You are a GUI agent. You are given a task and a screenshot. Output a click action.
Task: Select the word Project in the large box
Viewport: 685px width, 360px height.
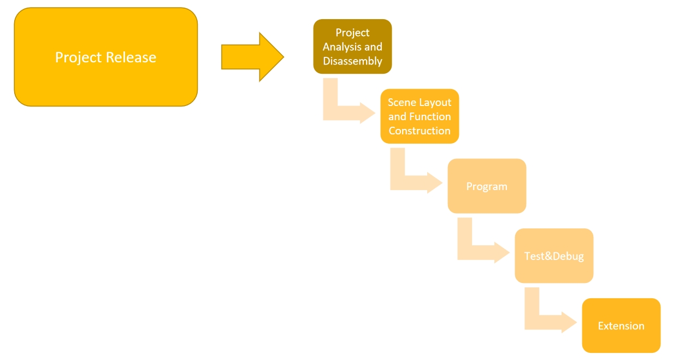79,57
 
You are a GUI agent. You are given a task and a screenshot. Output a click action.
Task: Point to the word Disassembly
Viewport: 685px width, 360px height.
352,61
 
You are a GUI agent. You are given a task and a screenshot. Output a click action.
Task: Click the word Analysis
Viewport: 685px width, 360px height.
341,47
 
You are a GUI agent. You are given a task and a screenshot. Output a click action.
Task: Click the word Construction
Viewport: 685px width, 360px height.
420,131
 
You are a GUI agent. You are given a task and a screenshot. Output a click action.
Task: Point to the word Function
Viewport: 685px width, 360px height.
430,116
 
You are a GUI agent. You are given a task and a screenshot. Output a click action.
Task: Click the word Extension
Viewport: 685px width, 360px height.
621,326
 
